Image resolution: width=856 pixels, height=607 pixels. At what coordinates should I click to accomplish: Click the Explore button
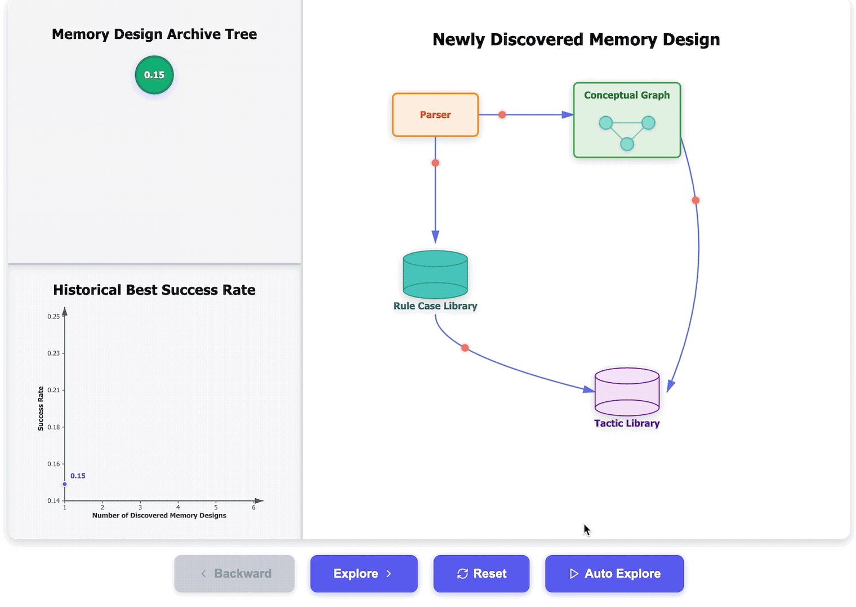[363, 574]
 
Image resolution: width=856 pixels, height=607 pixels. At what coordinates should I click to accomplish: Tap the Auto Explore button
[614, 574]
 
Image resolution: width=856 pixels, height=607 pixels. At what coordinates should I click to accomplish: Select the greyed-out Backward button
[235, 574]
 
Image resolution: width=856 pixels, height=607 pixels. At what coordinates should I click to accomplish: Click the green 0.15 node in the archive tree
[154, 75]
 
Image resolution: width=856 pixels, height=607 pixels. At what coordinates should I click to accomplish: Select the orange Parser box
[435, 115]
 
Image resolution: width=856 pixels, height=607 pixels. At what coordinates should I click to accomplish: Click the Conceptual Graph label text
[627, 95]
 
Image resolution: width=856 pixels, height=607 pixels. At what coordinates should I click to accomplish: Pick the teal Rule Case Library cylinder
[435, 275]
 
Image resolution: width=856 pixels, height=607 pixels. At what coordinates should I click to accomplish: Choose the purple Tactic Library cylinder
[627, 392]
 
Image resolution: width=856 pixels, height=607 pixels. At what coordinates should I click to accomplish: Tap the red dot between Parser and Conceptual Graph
[502, 115]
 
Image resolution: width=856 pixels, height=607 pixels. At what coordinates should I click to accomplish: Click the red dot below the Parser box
[435, 163]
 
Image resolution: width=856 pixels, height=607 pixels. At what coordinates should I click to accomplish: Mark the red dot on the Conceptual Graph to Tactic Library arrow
[695, 200]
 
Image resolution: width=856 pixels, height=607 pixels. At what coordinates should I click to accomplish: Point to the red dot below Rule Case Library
[465, 348]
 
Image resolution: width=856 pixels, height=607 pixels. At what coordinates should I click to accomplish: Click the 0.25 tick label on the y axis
[53, 317]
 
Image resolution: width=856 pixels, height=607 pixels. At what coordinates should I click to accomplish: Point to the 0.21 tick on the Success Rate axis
[53, 390]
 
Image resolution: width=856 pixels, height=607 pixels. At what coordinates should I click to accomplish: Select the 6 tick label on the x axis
[253, 507]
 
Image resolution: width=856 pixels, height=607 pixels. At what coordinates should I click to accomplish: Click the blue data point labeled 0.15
[65, 484]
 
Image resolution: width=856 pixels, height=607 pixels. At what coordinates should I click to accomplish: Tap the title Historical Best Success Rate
[154, 290]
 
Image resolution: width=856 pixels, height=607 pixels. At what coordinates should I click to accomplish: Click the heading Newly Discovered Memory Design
[576, 39]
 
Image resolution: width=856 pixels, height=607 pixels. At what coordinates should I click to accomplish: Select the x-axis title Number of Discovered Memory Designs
[159, 515]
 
